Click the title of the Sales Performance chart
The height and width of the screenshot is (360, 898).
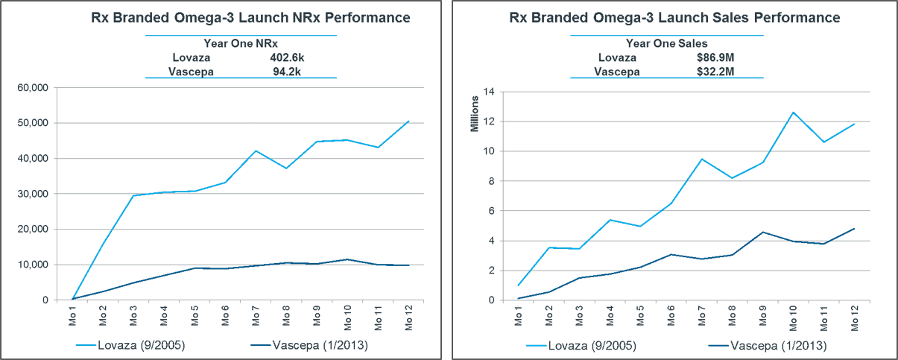[x=674, y=17]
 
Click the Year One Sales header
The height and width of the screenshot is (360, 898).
[x=668, y=42]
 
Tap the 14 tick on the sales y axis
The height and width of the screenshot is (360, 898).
[x=489, y=92]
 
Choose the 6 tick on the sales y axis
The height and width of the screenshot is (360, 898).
[x=491, y=211]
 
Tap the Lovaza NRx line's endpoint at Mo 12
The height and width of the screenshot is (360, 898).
[x=408, y=121]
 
